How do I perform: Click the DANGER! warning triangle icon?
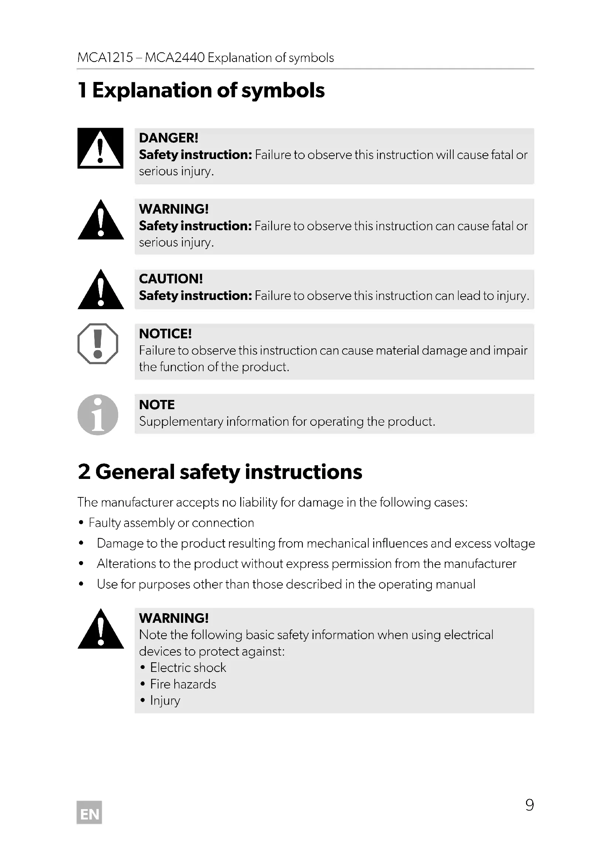tap(100, 148)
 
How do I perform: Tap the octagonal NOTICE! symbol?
tap(98, 344)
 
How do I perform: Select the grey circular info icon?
tap(98, 415)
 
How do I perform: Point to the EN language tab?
tap(89, 814)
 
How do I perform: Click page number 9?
tap(529, 805)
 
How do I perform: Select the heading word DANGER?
tap(168, 138)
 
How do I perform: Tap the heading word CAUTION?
tap(171, 279)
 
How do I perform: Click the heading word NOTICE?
tap(165, 334)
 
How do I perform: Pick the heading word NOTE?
tap(157, 405)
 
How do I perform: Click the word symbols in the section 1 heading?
tap(283, 91)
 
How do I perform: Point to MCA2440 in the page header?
tap(175, 58)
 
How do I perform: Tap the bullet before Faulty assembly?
tap(81, 523)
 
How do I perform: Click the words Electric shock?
tap(188, 667)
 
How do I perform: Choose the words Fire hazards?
tap(183, 684)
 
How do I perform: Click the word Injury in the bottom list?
tap(165, 701)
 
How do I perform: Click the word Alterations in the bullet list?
tap(126, 564)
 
